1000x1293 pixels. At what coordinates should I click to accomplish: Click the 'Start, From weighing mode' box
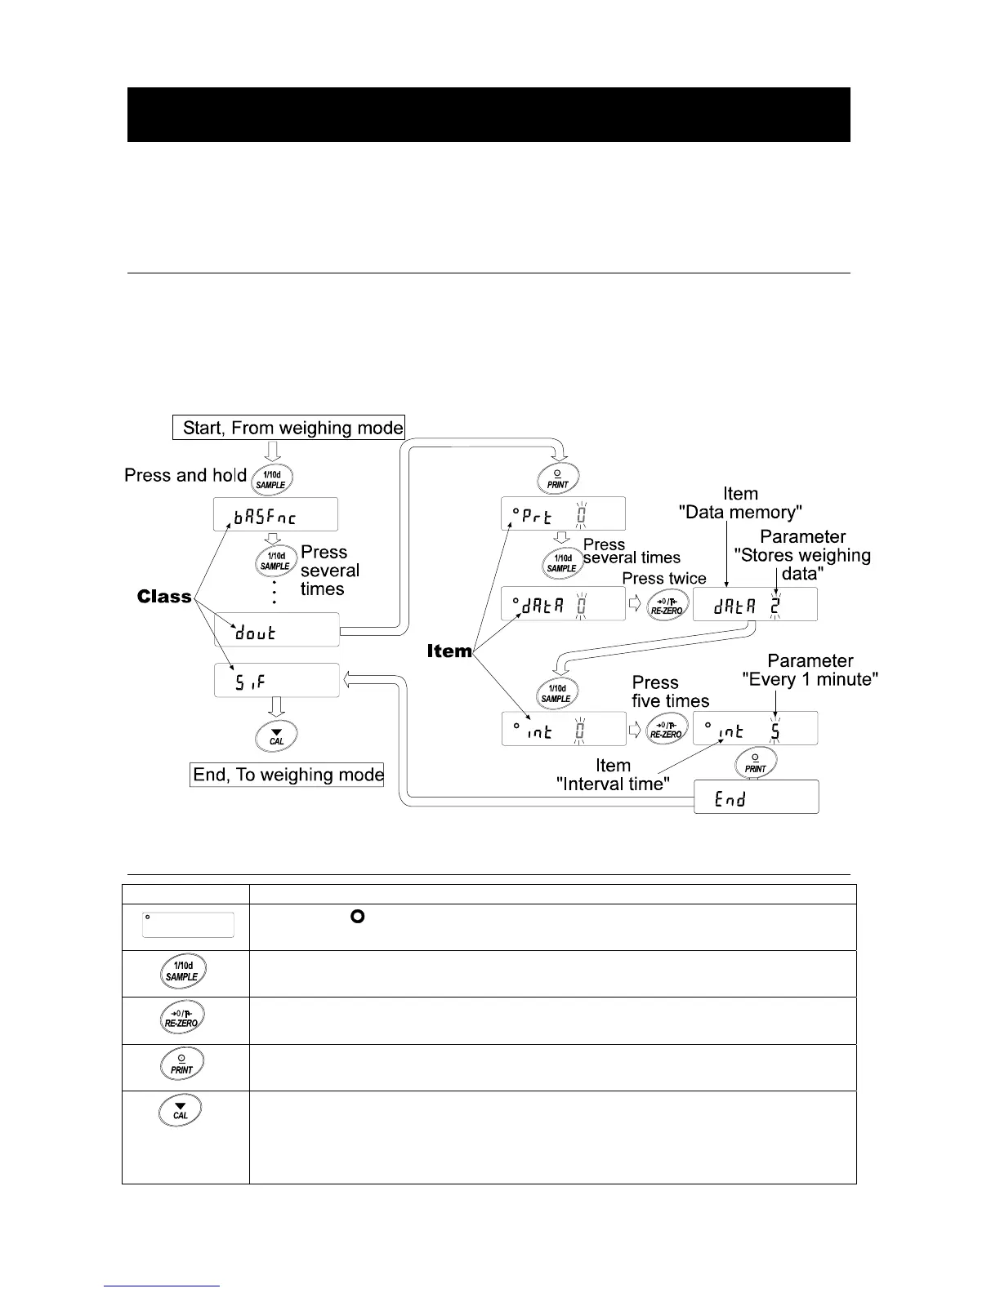[x=289, y=428]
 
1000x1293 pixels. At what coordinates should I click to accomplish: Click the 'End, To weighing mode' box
[x=287, y=775]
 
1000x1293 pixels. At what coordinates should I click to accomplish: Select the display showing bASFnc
[x=275, y=514]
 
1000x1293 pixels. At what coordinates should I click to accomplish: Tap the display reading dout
[x=277, y=630]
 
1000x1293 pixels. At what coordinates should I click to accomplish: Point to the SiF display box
[x=277, y=680]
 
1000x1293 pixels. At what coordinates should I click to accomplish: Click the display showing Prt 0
[x=564, y=513]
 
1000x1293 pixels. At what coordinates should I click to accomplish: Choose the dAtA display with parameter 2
[x=755, y=605]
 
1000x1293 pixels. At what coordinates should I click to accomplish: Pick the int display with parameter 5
[x=755, y=728]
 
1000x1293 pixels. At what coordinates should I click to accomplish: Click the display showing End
[x=756, y=797]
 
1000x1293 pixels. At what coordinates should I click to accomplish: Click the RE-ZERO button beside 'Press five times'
[x=666, y=728]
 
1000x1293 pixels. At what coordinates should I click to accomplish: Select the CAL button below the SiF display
[x=277, y=736]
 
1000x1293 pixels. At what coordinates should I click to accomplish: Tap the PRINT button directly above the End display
[x=756, y=762]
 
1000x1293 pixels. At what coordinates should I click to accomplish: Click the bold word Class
[x=164, y=597]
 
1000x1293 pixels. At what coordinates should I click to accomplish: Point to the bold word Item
[x=449, y=651]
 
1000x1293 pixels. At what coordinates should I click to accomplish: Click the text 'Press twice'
[x=664, y=578]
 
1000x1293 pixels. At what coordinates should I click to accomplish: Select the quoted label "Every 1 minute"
[x=810, y=679]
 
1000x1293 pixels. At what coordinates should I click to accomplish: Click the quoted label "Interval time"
[x=613, y=784]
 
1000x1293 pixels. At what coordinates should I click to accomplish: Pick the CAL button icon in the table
[x=181, y=1111]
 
